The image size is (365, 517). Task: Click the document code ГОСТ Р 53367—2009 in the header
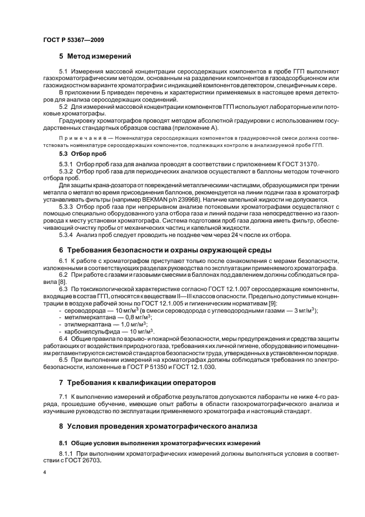tap(73, 40)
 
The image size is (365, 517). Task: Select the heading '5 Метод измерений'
tap(94, 56)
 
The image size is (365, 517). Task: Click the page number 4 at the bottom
tap(44, 473)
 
